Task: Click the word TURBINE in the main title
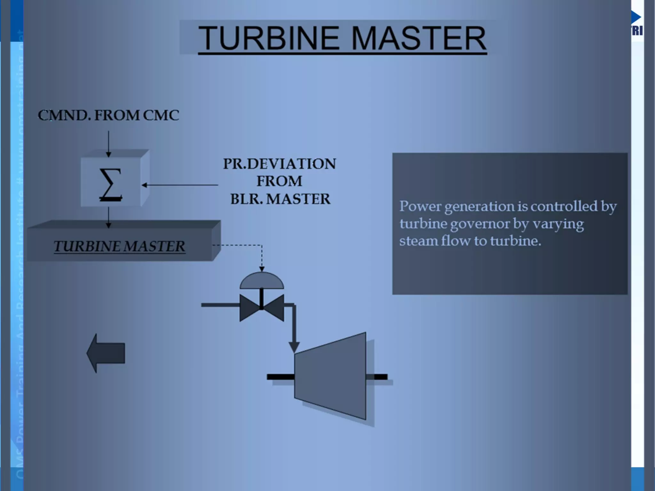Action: (x=268, y=38)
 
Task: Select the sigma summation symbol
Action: (x=110, y=185)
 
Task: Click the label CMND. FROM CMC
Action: (x=108, y=115)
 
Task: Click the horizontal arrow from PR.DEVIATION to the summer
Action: (x=180, y=185)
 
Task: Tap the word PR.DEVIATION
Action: (x=280, y=164)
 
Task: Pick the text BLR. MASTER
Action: (x=280, y=199)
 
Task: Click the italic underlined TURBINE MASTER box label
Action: (x=119, y=246)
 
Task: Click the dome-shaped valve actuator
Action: (x=262, y=281)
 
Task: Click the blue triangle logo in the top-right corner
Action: (x=636, y=17)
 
